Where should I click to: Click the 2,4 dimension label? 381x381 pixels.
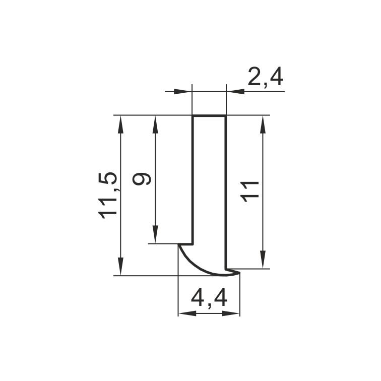[x=265, y=77]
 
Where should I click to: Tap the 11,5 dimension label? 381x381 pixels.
[x=107, y=196]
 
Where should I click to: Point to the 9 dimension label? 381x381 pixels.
[x=142, y=179]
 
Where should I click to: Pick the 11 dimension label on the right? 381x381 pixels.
[x=249, y=192]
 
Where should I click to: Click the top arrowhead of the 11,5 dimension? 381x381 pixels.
[x=120, y=124]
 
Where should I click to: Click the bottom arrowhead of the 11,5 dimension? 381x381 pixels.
[x=120, y=266]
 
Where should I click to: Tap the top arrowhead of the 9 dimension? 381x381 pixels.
[x=155, y=124]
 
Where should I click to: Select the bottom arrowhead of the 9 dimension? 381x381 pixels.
[x=155, y=234]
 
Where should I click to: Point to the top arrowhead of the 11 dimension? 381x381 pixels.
[x=263, y=124]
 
